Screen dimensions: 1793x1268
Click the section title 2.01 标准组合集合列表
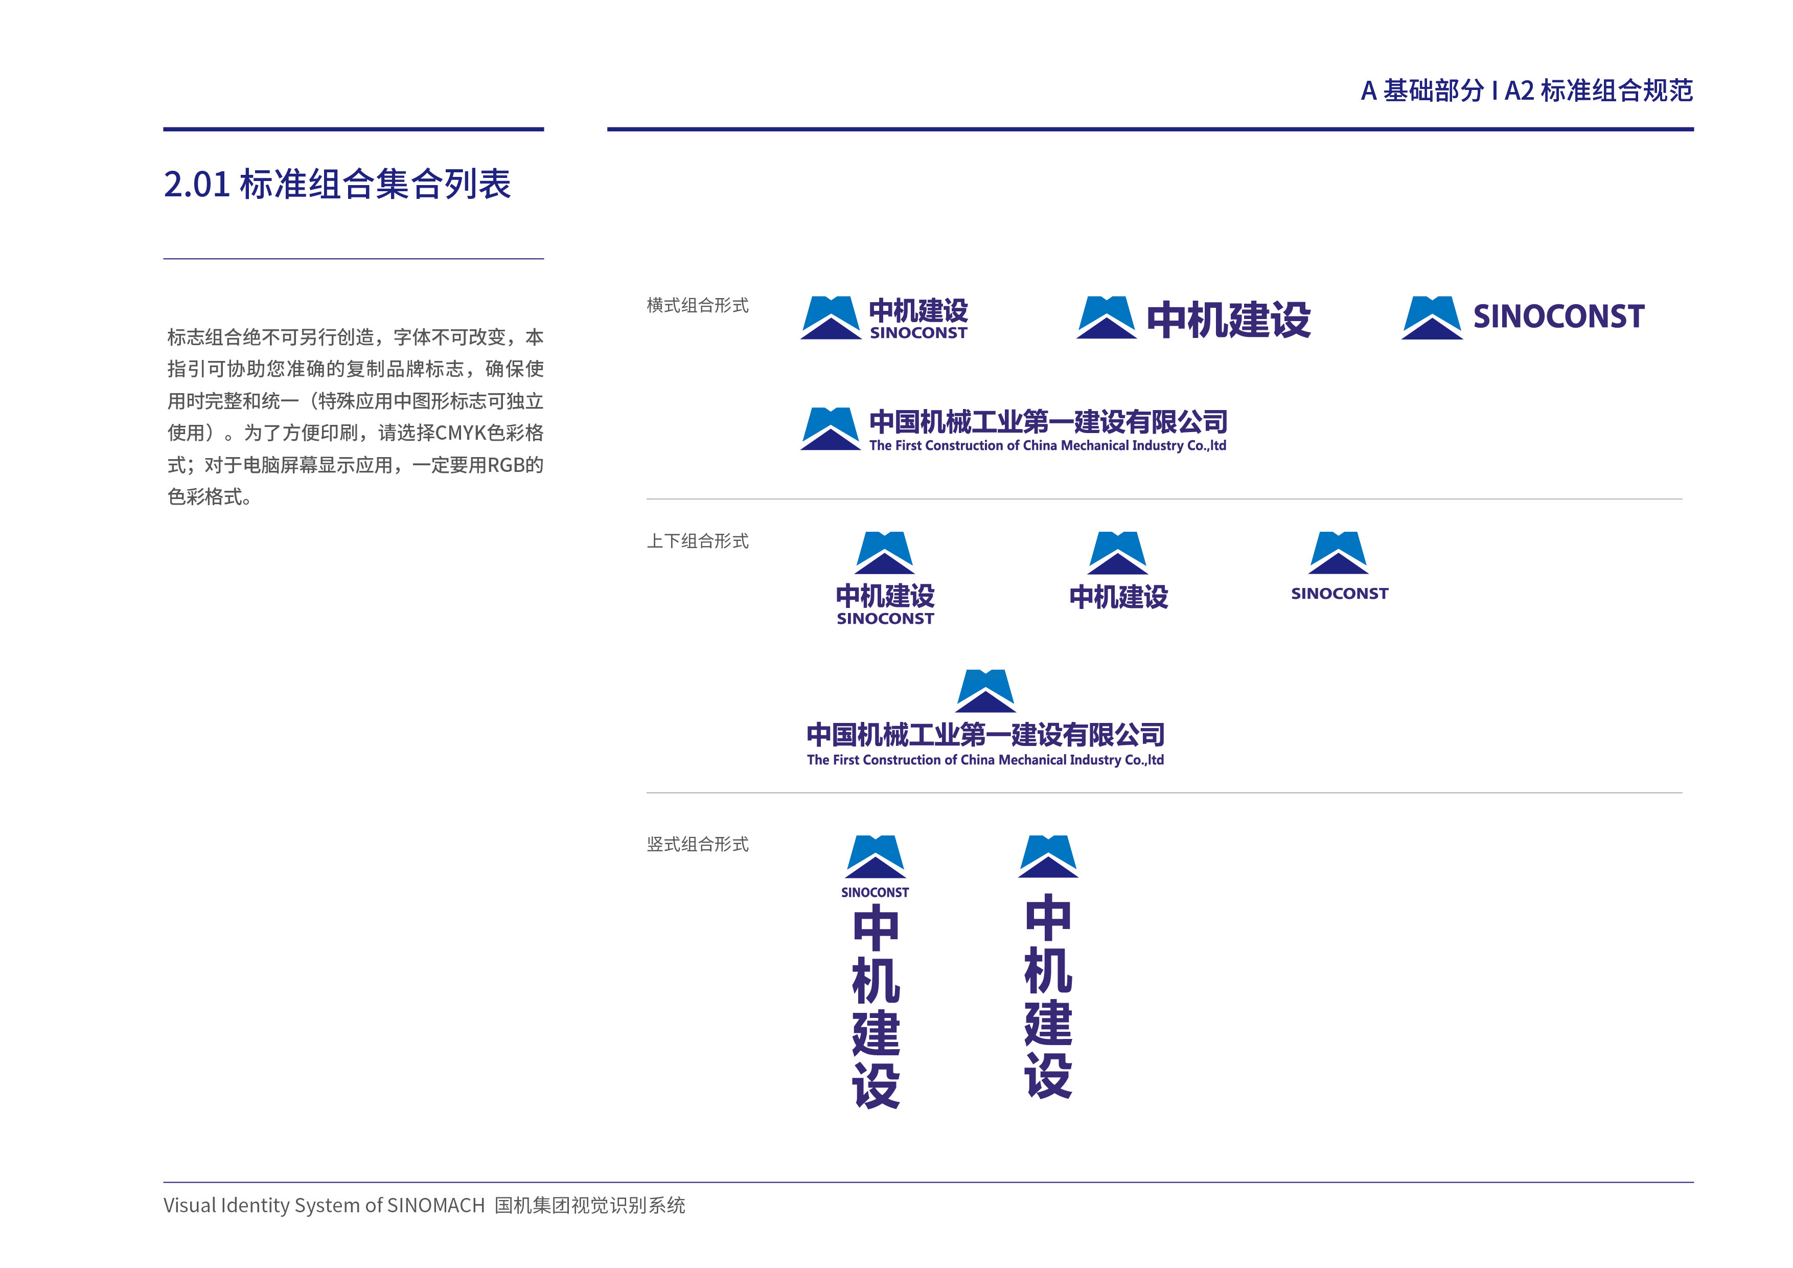tap(337, 185)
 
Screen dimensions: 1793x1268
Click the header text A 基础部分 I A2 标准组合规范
tap(1527, 90)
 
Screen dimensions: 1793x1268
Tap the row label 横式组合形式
tap(697, 305)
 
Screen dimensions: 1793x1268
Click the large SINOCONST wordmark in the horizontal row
tap(1559, 316)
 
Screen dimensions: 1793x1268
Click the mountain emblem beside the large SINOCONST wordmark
tap(1432, 318)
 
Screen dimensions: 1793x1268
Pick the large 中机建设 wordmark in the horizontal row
tap(1228, 320)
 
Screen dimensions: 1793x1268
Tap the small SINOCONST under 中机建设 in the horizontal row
tap(918, 333)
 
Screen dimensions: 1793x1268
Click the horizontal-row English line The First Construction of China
tap(1047, 445)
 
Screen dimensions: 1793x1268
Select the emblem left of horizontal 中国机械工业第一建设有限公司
tap(830, 429)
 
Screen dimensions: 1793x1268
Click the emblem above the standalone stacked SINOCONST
tap(1339, 553)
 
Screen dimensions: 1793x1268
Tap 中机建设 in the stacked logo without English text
tap(1118, 597)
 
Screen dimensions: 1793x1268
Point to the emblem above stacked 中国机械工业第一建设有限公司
tap(985, 691)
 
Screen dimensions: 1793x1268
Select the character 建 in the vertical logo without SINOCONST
tap(1048, 1023)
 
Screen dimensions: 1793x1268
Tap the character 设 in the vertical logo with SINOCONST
tap(876, 1084)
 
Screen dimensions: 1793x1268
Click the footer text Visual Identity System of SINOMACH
tap(324, 1206)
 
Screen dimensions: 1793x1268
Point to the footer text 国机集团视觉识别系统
tap(590, 1206)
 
